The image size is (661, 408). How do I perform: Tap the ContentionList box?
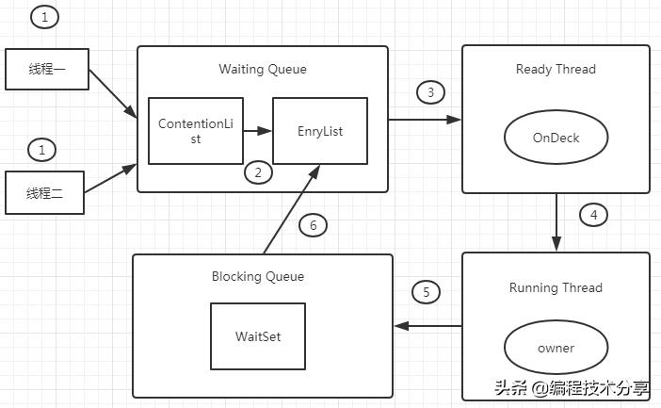(x=196, y=130)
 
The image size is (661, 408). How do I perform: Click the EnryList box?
(x=320, y=131)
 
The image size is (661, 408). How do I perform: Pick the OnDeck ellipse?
(x=556, y=138)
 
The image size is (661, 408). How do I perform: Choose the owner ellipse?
(x=556, y=348)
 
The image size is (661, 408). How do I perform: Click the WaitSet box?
(x=258, y=335)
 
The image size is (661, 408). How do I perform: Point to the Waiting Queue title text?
(x=263, y=69)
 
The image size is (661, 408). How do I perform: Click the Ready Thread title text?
(x=556, y=69)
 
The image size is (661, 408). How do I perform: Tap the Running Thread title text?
(x=556, y=287)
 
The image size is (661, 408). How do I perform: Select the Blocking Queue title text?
(x=258, y=276)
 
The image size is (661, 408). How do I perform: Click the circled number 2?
(x=258, y=172)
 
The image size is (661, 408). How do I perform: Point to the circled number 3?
(x=430, y=92)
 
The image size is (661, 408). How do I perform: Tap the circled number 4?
(x=593, y=215)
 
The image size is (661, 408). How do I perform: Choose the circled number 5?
(x=427, y=292)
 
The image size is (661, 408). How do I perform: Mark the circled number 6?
(x=314, y=225)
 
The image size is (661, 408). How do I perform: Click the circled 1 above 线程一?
(x=44, y=16)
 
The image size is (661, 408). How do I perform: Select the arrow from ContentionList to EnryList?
(x=258, y=131)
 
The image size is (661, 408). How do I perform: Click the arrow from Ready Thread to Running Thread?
(x=556, y=222)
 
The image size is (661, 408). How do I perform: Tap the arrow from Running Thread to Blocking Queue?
(x=427, y=326)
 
